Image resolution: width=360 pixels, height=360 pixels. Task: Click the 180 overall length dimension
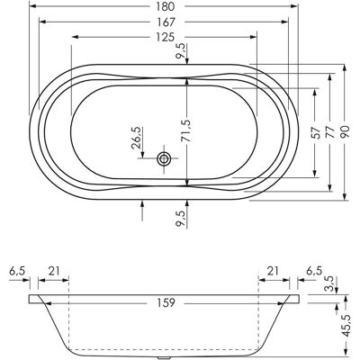(x=165, y=6)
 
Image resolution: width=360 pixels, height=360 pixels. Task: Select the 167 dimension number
(x=166, y=22)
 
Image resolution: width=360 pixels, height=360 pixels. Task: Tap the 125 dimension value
(x=166, y=37)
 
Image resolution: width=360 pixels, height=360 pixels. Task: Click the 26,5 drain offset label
(x=136, y=138)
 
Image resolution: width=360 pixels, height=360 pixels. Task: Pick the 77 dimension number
(x=330, y=132)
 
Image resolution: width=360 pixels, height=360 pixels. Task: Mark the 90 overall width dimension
(x=345, y=132)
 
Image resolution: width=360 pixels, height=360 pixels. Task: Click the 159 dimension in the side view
(x=166, y=302)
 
